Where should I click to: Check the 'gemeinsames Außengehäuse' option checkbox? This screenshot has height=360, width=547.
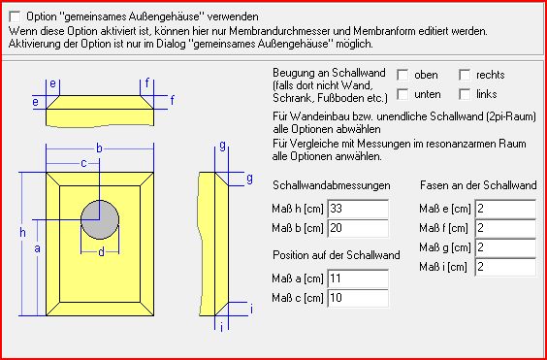[x=15, y=16]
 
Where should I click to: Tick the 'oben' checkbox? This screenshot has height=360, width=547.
[x=402, y=75]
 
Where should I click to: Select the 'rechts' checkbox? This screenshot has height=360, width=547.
[x=465, y=75]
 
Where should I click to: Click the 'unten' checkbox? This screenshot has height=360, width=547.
[x=402, y=94]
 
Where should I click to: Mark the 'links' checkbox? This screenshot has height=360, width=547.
[x=465, y=94]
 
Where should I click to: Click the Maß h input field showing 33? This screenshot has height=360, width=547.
[x=358, y=209]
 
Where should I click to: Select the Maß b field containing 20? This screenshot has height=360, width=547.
[x=358, y=228]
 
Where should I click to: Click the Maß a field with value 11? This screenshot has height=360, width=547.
[x=358, y=278]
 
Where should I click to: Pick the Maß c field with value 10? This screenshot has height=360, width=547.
[x=358, y=298]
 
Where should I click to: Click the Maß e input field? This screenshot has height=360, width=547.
[x=505, y=209]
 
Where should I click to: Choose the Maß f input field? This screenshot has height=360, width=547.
[x=505, y=228]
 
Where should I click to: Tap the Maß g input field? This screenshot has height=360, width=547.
[x=505, y=247]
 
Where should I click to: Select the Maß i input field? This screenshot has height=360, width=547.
[x=505, y=268]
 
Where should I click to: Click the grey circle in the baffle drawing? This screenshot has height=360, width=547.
[x=100, y=219]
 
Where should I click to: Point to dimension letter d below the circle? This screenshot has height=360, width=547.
[x=101, y=252]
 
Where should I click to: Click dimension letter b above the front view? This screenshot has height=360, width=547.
[x=100, y=148]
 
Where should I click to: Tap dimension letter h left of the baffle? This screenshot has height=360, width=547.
[x=22, y=233]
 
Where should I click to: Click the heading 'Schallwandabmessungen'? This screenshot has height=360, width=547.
[x=332, y=185]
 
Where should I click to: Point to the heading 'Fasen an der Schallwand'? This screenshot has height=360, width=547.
[x=478, y=185]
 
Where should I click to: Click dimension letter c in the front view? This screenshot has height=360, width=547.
[x=83, y=163]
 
